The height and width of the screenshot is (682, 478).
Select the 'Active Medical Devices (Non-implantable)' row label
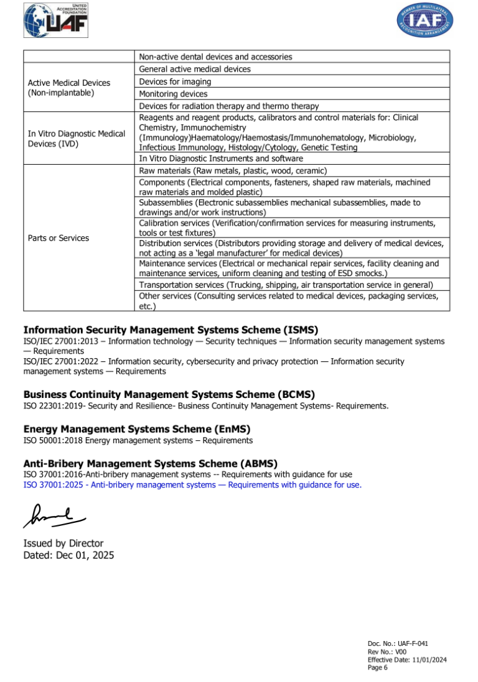point(69,88)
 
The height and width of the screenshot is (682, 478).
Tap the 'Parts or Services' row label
point(59,238)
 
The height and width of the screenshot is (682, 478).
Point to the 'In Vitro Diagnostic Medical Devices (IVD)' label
point(77,139)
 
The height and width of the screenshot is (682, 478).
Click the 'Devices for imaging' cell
point(175,81)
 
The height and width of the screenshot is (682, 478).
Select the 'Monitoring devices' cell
point(173,94)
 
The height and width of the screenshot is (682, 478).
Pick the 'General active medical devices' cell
point(195,69)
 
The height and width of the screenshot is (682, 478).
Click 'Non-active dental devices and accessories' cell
point(215,57)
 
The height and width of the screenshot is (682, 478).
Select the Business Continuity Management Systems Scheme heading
point(169,394)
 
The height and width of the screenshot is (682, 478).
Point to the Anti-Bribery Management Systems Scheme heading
point(150,463)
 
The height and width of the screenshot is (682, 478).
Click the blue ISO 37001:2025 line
point(192,485)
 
